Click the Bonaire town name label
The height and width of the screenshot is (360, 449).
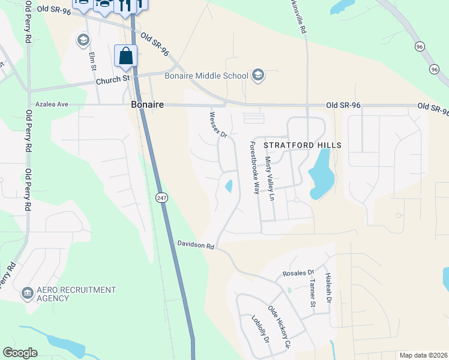[147, 104]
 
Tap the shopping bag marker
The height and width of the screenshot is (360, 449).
[126, 56]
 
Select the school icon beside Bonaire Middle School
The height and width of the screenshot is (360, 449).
[258, 75]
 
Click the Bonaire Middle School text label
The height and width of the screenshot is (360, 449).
[206, 76]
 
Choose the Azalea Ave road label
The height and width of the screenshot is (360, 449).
[52, 104]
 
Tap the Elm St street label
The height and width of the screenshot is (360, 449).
[93, 62]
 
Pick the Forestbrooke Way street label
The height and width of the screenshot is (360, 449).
[255, 168]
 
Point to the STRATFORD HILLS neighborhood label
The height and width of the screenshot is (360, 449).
[303, 145]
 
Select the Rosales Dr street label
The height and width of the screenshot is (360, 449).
[298, 273]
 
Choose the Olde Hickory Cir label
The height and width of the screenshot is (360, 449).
[279, 328]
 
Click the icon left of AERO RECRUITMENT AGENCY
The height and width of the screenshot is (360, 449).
[27, 293]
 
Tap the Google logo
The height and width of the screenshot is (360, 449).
[20, 353]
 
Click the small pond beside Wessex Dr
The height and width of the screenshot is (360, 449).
[229, 187]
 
